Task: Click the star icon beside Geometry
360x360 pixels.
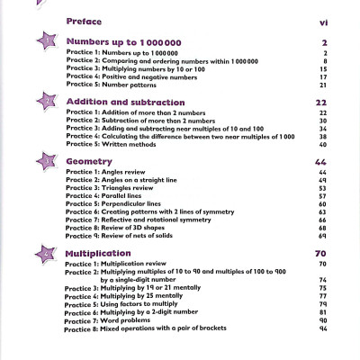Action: point(43,162)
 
